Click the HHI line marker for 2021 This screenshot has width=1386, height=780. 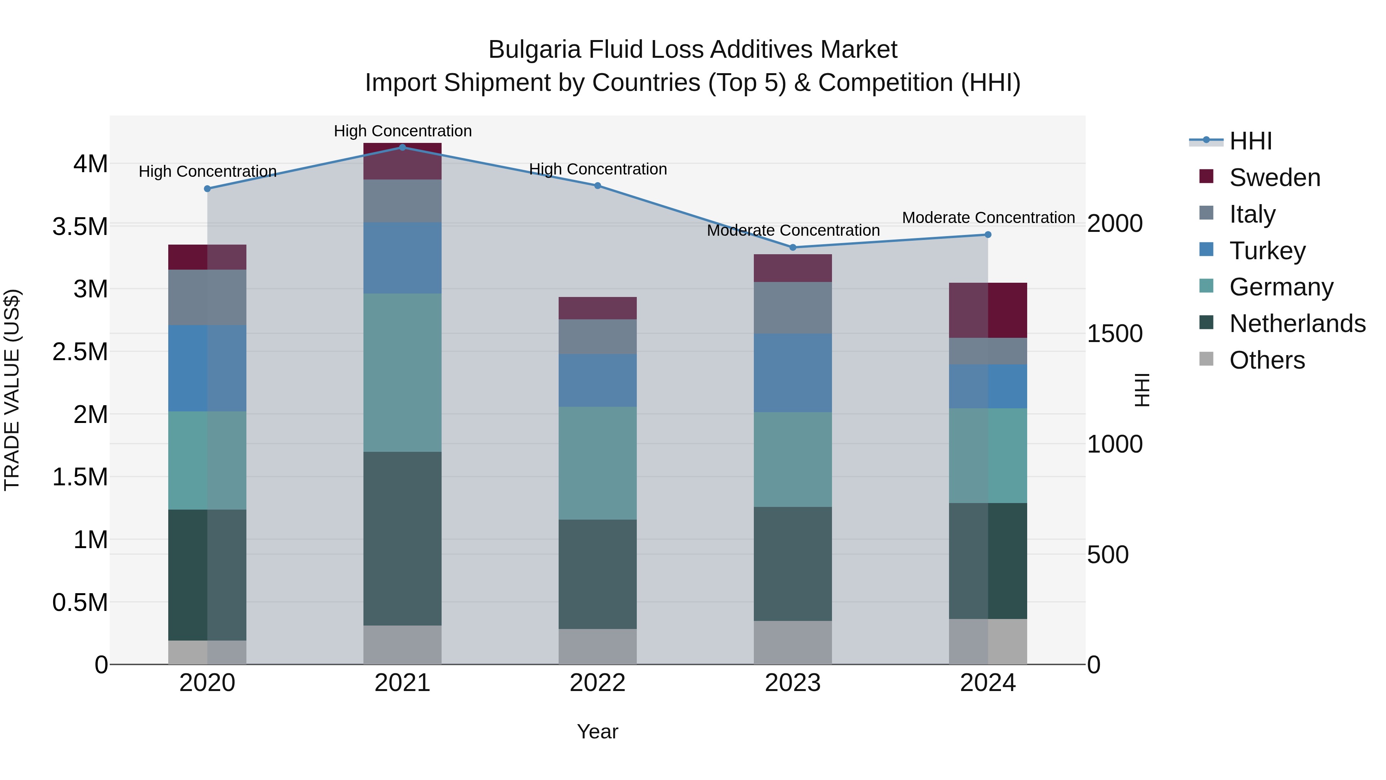402,147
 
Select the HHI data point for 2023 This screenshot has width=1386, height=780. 793,248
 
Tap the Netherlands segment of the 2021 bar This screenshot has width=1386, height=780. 402,538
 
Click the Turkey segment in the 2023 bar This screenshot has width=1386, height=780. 793,372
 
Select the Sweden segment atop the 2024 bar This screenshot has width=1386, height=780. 988,310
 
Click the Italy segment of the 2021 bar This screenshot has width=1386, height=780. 402,201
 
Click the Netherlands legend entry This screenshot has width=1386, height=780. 1297,324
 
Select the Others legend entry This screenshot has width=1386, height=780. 1267,360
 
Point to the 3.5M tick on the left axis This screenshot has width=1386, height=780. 80,226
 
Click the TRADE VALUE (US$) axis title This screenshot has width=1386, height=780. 12,390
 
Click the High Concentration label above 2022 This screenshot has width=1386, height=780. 598,169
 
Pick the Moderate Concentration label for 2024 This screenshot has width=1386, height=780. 988,218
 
